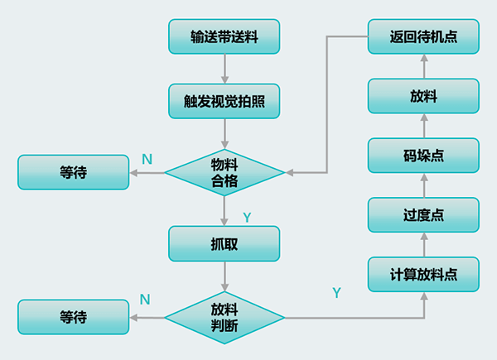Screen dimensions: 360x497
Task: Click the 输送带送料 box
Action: pyautogui.click(x=224, y=36)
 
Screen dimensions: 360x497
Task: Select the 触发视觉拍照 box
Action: pyautogui.click(x=224, y=101)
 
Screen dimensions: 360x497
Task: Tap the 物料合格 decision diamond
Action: pyautogui.click(x=224, y=173)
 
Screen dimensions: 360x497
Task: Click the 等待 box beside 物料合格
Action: pyautogui.click(x=73, y=173)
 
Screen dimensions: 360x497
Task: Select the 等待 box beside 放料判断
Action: pyautogui.click(x=73, y=317)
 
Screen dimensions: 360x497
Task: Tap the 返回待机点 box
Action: pyautogui.click(x=423, y=36)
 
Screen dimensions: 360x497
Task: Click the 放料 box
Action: pyautogui.click(x=423, y=96)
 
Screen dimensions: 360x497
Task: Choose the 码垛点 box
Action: pyautogui.click(x=423, y=156)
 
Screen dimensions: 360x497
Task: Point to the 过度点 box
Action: pyautogui.click(x=423, y=215)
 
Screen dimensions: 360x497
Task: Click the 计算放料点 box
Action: pyautogui.click(x=423, y=274)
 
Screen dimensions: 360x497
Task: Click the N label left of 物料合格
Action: pyautogui.click(x=147, y=158)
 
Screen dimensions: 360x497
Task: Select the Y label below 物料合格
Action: pyautogui.click(x=247, y=217)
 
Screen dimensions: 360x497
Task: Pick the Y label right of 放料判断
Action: pyautogui.click(x=336, y=292)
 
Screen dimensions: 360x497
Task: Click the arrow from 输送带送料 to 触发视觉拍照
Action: pyautogui.click(x=224, y=69)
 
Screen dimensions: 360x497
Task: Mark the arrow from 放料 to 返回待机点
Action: pyautogui.click(x=423, y=66)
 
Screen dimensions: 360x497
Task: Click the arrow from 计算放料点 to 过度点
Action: pyautogui.click(x=423, y=245)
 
